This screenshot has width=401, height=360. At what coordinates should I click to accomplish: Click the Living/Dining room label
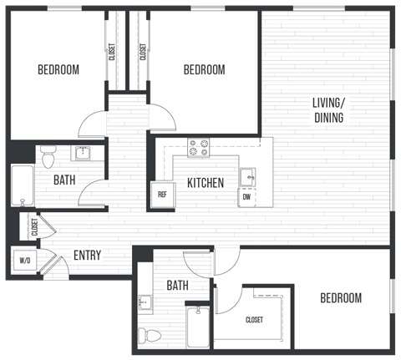328,110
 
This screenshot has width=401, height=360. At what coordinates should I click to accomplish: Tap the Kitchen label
205,183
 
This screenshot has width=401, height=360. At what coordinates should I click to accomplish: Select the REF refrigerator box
161,194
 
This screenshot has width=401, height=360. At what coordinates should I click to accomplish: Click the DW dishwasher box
247,197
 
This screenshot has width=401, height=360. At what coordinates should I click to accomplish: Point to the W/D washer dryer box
23,260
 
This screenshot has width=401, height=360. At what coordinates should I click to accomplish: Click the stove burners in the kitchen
199,148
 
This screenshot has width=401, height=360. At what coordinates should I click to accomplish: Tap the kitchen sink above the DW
247,176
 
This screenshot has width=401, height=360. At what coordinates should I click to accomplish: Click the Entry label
88,256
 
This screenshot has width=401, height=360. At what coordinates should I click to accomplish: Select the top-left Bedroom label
58,70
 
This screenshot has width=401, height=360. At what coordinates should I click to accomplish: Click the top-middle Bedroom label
204,70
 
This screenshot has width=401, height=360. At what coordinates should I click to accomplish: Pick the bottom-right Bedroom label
341,298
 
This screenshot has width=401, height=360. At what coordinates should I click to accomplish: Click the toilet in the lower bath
151,334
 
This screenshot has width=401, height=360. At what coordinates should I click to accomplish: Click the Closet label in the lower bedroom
255,320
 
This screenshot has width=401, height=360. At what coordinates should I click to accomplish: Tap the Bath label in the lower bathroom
177,286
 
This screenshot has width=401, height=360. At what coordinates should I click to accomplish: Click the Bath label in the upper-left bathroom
65,180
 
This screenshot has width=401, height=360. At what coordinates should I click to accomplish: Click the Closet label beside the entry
34,228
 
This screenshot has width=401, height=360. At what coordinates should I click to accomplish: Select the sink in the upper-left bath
83,153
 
